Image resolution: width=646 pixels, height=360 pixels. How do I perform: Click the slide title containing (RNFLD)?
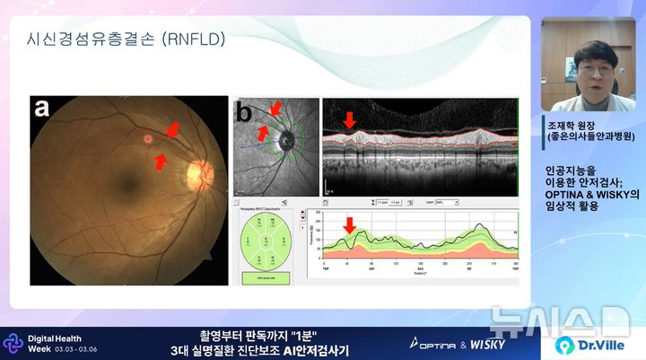point(127,40)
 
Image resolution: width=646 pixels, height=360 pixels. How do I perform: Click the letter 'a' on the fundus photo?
point(42,109)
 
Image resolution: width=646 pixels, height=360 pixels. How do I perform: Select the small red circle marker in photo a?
point(148,139)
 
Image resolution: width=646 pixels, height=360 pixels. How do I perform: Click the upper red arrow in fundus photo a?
point(170,131)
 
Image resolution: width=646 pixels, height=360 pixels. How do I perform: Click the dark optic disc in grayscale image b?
point(286,141)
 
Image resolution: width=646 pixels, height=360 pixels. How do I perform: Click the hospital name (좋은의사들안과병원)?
point(591,137)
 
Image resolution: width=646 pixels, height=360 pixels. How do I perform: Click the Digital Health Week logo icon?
point(13,343)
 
